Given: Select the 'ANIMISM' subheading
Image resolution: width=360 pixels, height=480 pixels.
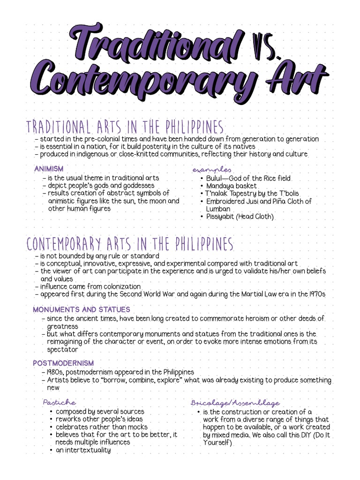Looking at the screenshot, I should [49, 169].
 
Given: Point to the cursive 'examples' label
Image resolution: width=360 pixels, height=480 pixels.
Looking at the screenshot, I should [211, 169].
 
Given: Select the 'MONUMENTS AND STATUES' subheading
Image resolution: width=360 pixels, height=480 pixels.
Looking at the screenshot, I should [82, 310].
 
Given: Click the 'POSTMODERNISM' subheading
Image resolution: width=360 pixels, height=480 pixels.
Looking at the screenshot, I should [63, 363].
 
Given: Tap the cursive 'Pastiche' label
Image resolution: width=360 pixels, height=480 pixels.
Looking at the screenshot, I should [59, 402].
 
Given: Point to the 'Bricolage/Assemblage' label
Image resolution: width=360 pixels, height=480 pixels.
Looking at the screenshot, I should [235, 403].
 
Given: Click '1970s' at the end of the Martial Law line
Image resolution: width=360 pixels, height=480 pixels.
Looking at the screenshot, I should [316, 294].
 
